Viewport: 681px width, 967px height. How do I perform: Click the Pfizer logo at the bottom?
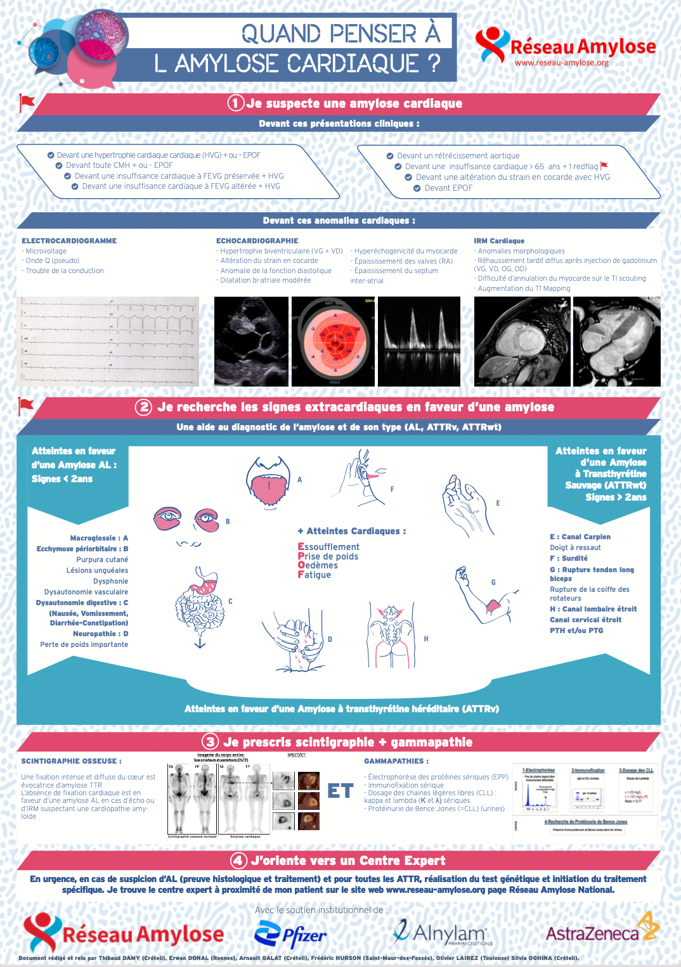[x=290, y=934]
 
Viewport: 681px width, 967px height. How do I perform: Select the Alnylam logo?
[x=441, y=932]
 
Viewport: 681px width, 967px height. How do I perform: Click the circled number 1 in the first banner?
[x=236, y=103]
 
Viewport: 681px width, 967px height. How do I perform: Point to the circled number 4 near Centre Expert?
[x=238, y=861]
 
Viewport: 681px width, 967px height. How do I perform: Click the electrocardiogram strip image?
[x=108, y=342]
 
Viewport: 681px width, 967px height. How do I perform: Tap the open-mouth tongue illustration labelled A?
[x=268, y=481]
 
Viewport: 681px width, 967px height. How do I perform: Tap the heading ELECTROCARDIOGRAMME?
[x=69, y=241]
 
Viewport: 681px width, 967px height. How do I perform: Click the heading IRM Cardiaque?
[x=499, y=241]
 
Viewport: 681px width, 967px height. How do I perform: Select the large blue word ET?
[x=340, y=791]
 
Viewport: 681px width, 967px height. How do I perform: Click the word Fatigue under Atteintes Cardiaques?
[x=315, y=575]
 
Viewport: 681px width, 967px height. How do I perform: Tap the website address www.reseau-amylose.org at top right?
[x=561, y=63]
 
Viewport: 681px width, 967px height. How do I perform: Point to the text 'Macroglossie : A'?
[x=99, y=538]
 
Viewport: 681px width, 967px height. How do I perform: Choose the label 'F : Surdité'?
[x=569, y=558]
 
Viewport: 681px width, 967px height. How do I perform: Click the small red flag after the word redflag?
[x=604, y=166]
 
